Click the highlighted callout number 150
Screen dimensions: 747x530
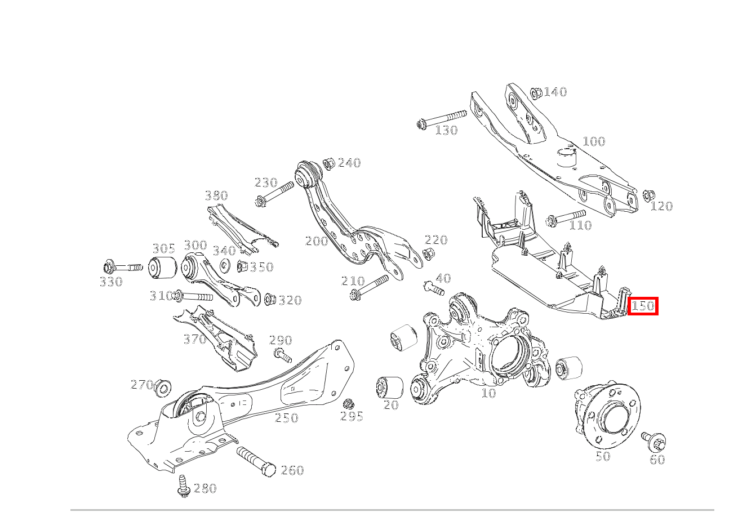[643, 306]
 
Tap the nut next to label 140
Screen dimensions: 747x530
[536, 93]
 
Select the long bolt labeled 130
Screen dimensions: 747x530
[441, 118]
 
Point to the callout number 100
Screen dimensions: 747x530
[594, 141]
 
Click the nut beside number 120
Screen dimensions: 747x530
[648, 195]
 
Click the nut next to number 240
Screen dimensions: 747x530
[329, 164]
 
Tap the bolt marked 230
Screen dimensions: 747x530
[274, 194]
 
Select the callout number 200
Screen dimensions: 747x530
[317, 240]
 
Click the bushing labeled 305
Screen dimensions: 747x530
[162, 267]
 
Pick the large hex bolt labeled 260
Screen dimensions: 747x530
[256, 462]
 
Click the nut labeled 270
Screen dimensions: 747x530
[163, 388]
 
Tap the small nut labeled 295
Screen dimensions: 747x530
[348, 404]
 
